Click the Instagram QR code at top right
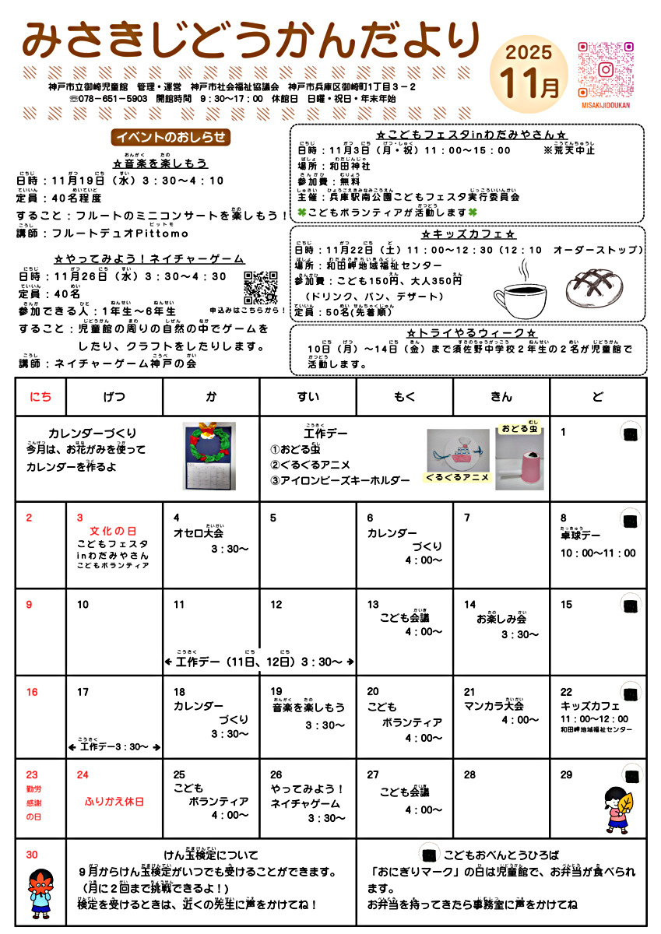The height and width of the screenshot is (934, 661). (605, 69)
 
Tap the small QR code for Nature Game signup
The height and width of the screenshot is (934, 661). (261, 287)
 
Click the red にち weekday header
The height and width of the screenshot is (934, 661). (40, 397)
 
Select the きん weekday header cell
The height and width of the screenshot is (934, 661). (501, 397)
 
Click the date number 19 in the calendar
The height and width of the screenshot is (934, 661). (276, 691)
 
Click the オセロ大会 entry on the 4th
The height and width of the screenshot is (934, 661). (198, 533)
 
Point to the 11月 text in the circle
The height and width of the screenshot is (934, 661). (529, 83)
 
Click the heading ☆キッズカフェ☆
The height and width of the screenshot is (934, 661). (468, 234)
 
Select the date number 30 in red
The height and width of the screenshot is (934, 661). (31, 855)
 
